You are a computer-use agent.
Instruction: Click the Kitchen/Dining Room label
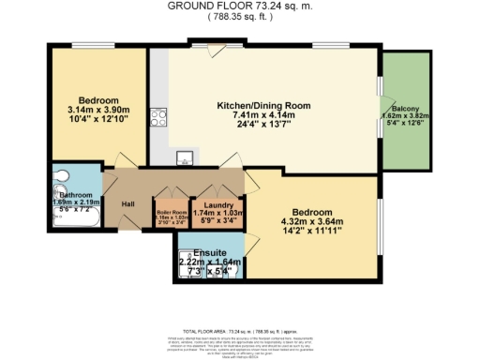tap(263, 105)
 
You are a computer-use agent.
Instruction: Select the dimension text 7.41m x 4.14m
tap(263, 114)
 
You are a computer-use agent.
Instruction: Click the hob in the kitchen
tap(158, 119)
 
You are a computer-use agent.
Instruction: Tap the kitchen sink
tap(185, 157)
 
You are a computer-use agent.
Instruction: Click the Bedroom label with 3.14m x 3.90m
tap(97, 99)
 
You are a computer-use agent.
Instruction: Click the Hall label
tap(128, 203)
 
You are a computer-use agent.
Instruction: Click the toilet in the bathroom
tap(63, 174)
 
